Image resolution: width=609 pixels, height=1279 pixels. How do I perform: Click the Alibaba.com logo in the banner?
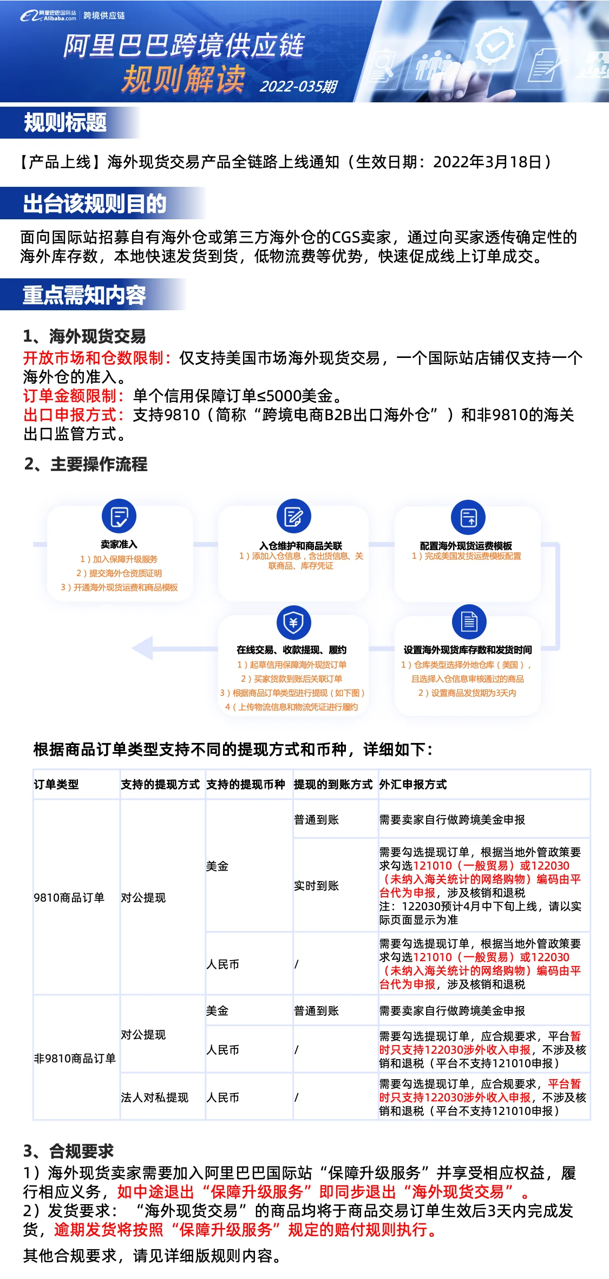point(49,15)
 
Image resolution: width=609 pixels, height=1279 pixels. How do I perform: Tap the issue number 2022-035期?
point(298,87)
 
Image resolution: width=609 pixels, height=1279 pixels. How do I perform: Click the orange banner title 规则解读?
point(184,79)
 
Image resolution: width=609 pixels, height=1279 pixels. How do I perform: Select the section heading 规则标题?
point(66,122)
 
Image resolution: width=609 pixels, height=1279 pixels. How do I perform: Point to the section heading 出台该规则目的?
point(95,204)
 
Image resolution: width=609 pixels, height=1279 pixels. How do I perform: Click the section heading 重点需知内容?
point(84,295)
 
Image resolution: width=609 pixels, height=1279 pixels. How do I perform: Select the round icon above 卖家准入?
point(119,516)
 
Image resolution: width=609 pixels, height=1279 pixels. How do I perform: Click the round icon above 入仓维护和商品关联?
point(293,516)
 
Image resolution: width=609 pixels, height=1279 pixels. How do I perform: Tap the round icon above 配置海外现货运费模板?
point(468,517)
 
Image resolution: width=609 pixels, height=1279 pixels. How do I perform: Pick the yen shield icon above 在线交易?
point(293,622)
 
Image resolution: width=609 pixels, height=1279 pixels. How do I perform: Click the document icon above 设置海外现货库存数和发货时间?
point(469,622)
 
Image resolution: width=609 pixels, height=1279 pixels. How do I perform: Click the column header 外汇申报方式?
point(413,785)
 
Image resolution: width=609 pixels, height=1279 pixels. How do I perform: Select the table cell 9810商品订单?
point(69,898)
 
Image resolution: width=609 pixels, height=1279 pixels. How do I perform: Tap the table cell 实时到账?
point(316,886)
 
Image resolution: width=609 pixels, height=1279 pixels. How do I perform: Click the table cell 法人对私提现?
point(154,1098)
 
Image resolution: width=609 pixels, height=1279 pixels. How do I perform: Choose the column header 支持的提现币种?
point(245,785)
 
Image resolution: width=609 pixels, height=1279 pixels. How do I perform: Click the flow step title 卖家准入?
point(119,545)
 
